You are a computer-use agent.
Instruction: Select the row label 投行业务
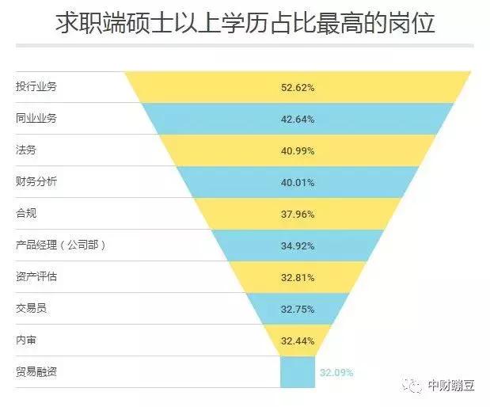coord(36,86)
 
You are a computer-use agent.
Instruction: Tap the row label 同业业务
coord(36,118)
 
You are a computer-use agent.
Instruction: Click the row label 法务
coord(26,150)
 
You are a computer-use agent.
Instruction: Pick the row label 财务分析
coord(36,181)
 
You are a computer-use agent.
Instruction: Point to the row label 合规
coord(26,213)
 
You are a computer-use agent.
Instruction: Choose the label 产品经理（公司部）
coord(60,245)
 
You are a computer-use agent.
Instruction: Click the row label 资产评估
coord(36,276)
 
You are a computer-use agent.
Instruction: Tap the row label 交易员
coord(31,308)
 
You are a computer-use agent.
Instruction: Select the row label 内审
coord(26,340)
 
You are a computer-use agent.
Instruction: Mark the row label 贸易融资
coord(36,371)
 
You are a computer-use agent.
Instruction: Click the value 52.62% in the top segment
coord(298,87)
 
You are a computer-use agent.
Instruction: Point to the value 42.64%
coord(298,119)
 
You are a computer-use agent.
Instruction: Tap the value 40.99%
coord(298,150)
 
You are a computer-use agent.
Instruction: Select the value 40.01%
coord(298,182)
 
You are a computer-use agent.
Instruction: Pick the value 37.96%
coord(298,214)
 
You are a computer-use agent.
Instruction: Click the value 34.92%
coord(298,245)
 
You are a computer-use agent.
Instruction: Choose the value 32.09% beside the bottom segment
coord(336,372)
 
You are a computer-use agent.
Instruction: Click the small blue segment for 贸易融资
coord(298,372)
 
